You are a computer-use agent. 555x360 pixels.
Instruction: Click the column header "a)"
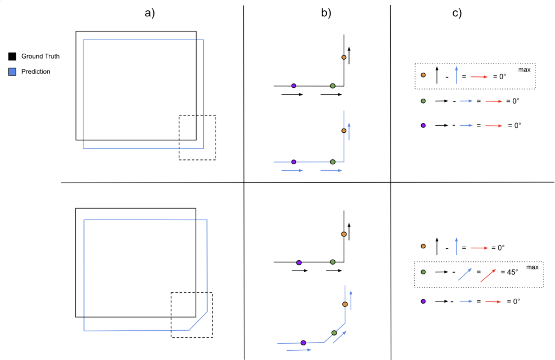click(150, 14)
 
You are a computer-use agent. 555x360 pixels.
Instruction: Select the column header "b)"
click(326, 14)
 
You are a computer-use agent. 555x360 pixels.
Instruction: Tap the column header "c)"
click(457, 14)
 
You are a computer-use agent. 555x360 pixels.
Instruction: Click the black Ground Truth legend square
click(12, 56)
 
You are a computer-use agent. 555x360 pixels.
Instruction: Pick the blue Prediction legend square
click(12, 72)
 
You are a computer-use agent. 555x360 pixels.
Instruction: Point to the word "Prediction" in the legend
click(36, 72)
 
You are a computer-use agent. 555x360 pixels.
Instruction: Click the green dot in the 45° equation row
click(423, 272)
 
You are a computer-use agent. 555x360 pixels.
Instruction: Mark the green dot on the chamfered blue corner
click(334, 332)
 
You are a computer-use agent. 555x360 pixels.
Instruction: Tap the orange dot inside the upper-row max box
click(423, 75)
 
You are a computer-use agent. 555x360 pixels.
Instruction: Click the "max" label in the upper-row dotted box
click(524, 70)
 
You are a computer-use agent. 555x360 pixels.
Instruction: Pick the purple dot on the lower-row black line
click(299, 262)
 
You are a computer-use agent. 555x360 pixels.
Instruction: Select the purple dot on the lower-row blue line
click(303, 343)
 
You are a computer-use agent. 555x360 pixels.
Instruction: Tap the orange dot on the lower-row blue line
click(345, 304)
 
